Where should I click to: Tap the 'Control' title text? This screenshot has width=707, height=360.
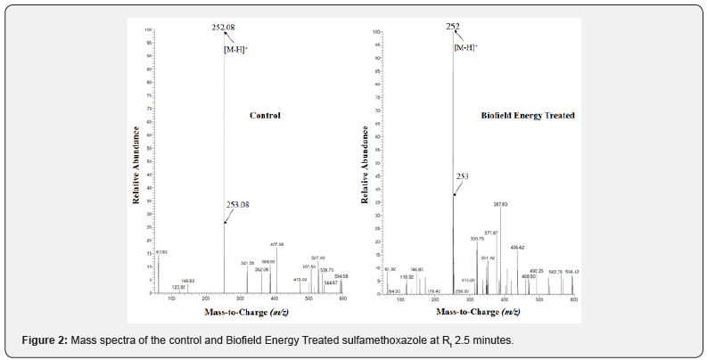click(x=265, y=116)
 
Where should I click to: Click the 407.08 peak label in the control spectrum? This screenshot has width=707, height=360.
click(x=276, y=244)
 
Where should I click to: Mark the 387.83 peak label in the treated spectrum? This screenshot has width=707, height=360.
click(x=500, y=204)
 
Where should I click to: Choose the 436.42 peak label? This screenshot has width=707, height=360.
click(x=517, y=247)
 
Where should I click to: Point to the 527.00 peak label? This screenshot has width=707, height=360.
click(x=318, y=258)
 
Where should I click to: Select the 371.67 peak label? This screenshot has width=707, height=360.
click(x=490, y=233)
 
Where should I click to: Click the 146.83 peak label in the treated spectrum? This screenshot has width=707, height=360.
click(x=417, y=269)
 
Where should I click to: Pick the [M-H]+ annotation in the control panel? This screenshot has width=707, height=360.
click(x=235, y=50)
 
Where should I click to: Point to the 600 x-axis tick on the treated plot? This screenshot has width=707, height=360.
click(x=573, y=299)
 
